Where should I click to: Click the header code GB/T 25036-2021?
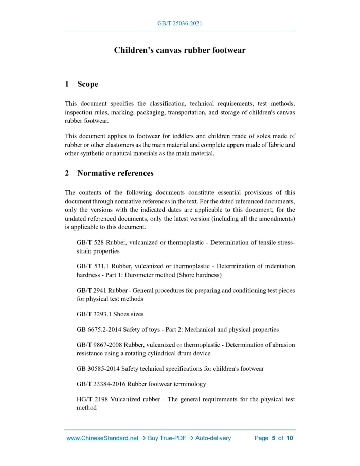coord(179,24)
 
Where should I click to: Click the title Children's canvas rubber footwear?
coord(179,50)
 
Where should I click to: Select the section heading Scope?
coord(87,84)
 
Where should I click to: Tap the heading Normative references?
coord(115,173)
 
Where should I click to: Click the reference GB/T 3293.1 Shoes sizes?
coord(110,314)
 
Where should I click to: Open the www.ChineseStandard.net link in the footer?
coord(103,438)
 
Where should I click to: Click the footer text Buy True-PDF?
coord(166,438)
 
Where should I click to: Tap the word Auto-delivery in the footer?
coord(212,438)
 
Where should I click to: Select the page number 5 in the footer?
coord(274,438)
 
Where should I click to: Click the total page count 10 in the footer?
coord(290,438)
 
